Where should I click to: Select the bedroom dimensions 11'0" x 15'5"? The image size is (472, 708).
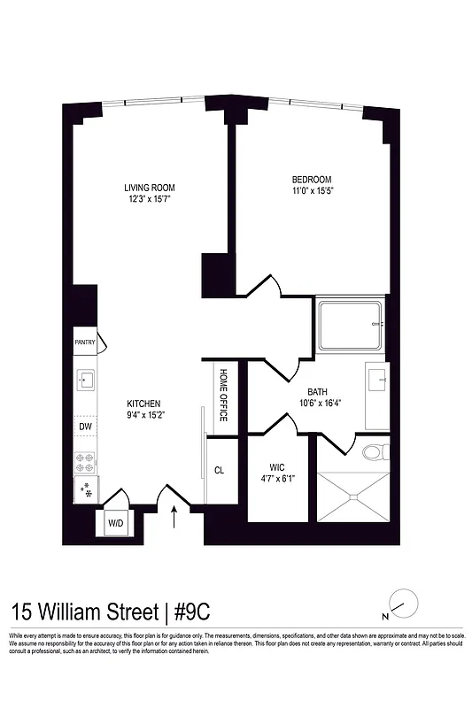click(x=312, y=189)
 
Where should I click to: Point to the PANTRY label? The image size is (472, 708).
click(x=85, y=342)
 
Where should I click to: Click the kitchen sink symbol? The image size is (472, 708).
click(x=87, y=381)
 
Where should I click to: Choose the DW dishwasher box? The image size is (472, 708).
click(x=86, y=427)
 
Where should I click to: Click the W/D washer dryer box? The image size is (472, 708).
click(x=116, y=523)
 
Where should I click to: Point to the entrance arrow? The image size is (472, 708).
click(x=174, y=516)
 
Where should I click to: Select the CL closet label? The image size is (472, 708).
click(x=219, y=470)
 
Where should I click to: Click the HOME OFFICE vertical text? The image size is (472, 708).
click(x=223, y=394)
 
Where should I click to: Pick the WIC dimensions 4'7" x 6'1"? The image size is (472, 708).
click(x=277, y=479)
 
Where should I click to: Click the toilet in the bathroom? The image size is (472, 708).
click(x=375, y=452)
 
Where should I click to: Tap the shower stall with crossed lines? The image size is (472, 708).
click(x=352, y=494)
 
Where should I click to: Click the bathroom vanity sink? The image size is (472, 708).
click(x=377, y=382)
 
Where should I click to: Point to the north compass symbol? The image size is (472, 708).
click(x=401, y=601)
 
